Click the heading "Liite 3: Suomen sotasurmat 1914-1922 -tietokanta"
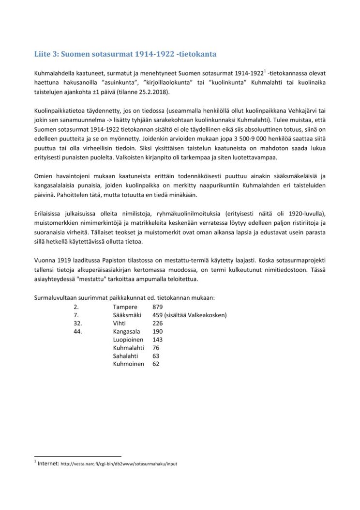pos(128,54)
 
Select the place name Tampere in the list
pos(125,307)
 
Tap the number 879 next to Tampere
pos(158,307)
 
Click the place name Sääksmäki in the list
pos(128,315)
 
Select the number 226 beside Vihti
pos(158,323)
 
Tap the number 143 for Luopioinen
pos(158,340)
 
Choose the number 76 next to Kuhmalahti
pos(156,348)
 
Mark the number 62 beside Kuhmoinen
pos(156,364)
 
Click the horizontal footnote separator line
pos(77,456)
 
